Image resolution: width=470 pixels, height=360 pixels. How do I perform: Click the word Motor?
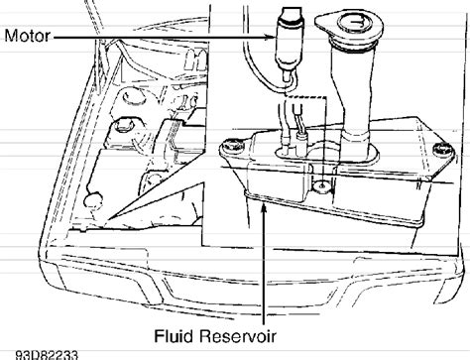pyautogui.click(x=28, y=36)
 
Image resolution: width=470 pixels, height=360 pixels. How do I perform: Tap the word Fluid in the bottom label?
pyautogui.click(x=174, y=336)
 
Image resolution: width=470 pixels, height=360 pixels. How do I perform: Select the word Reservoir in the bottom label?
pyautogui.click(x=237, y=336)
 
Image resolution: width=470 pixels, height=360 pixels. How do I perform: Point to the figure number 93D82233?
pyautogui.click(x=48, y=355)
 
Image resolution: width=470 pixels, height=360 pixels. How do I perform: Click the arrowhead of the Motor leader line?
pyautogui.click(x=272, y=37)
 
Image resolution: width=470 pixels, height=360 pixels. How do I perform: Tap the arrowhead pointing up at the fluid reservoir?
pyautogui.click(x=264, y=209)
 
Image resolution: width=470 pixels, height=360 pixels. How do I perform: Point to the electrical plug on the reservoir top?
pyautogui.click(x=301, y=143)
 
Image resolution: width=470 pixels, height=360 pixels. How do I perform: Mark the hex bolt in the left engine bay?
pyautogui.click(x=122, y=126)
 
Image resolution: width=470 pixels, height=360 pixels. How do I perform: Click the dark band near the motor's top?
pyautogui.click(x=290, y=21)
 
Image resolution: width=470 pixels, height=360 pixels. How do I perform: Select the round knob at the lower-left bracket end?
pyautogui.click(x=93, y=200)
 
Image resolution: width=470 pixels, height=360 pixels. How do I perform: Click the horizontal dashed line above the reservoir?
pyautogui.click(x=306, y=97)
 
